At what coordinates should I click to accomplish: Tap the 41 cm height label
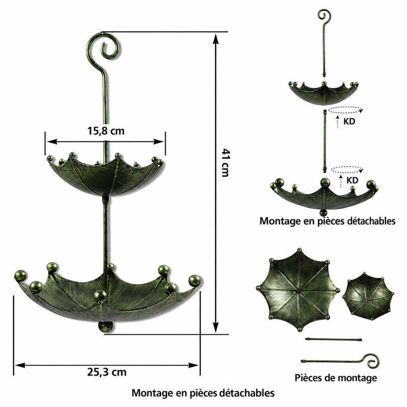(225, 163)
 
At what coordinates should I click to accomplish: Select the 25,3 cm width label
(107, 372)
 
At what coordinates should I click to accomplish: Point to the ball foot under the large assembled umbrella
(106, 327)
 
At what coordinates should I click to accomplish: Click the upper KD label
(349, 121)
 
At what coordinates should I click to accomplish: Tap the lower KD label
(352, 180)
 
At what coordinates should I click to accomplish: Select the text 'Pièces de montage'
(335, 378)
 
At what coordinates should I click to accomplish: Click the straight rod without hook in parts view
(333, 339)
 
